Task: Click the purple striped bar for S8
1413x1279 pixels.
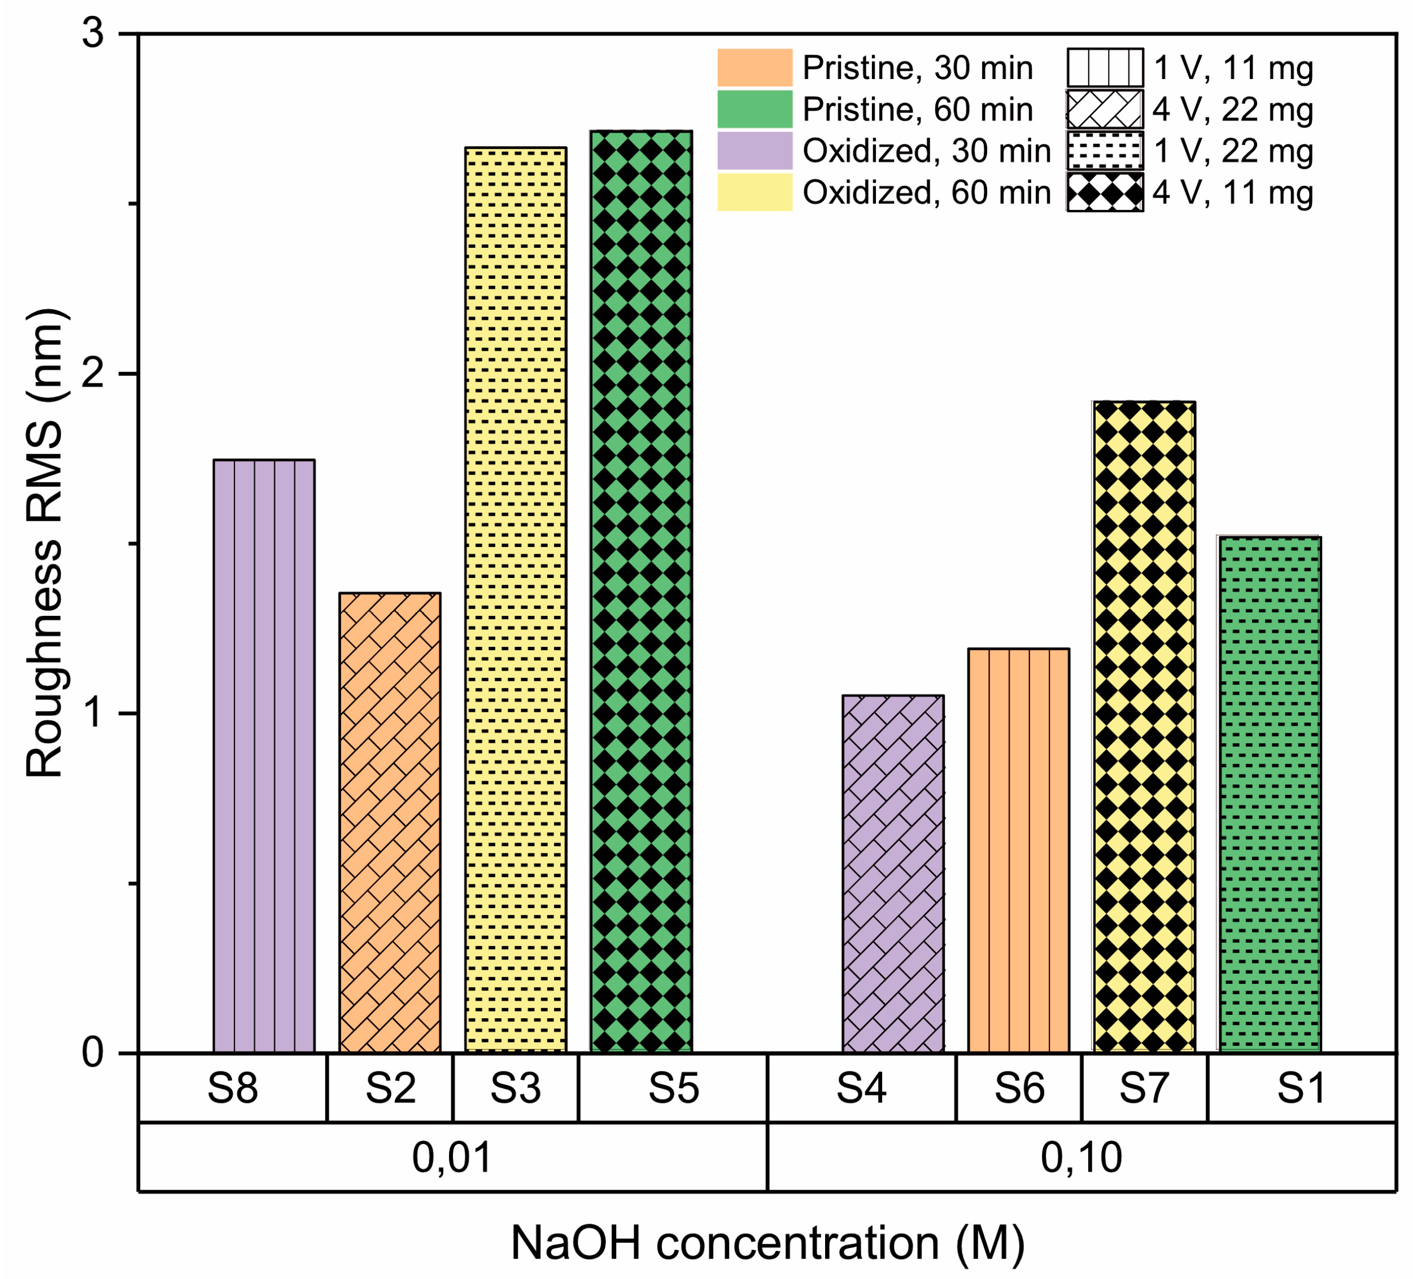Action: [264, 756]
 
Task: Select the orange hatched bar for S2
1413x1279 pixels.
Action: [390, 823]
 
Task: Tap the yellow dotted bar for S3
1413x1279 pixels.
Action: [515, 601]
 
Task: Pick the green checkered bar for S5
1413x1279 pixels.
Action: [642, 592]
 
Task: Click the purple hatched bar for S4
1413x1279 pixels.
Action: [893, 874]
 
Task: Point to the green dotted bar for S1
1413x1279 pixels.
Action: [1270, 794]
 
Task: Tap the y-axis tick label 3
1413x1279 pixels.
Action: [94, 34]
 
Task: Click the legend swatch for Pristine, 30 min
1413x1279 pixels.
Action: [755, 68]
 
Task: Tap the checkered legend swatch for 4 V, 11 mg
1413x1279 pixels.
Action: [1105, 192]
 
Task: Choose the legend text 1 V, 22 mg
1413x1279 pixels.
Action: [1233, 151]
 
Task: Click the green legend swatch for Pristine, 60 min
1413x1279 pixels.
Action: [755, 109]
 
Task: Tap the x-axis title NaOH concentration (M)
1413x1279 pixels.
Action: [767, 1243]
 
